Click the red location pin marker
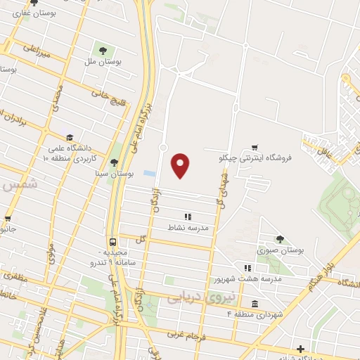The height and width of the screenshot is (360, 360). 181,165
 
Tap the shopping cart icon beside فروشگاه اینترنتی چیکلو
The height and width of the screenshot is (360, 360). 255,149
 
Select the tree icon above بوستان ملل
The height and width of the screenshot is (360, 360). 103,50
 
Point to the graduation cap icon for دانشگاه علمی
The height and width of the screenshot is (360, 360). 69,137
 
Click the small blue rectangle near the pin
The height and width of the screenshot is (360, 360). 148,173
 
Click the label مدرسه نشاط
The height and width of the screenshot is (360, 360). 188,228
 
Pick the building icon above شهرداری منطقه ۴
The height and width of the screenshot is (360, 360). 253,304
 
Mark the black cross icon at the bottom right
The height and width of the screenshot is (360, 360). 301,349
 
